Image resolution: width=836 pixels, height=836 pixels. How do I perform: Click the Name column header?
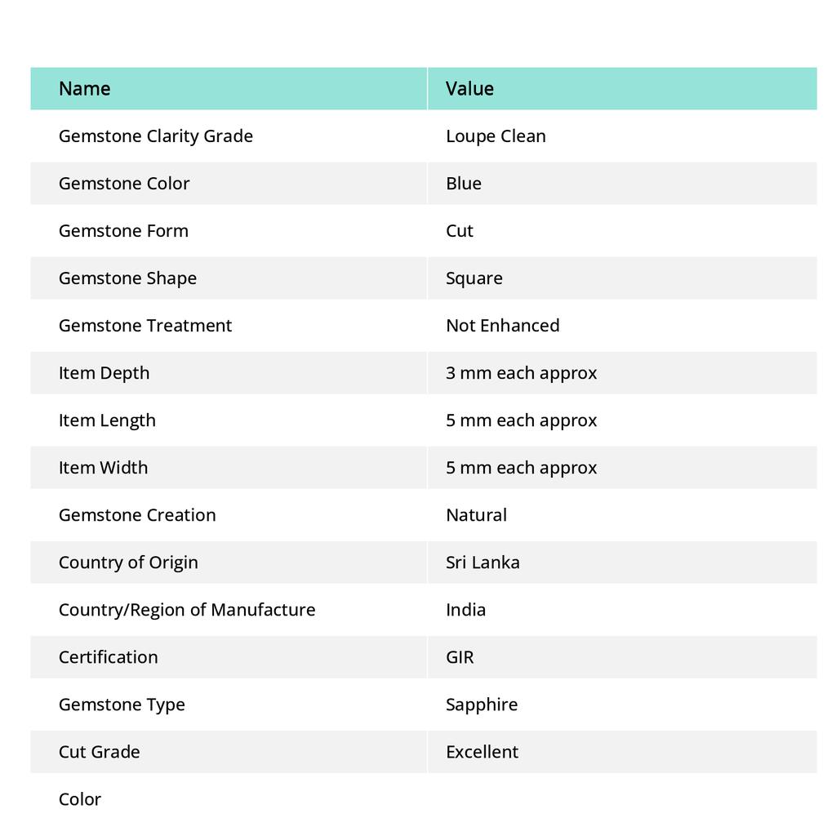pos(85,88)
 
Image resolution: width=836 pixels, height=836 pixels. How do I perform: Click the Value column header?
pos(469,88)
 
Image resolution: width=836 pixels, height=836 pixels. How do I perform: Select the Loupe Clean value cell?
pos(496,136)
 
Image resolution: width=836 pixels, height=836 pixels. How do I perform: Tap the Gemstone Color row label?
pos(124,183)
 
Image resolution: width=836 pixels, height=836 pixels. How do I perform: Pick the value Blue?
pos(464,183)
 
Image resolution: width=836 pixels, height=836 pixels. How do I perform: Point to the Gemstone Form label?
pos(123,230)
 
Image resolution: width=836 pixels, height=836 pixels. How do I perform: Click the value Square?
pos(474,278)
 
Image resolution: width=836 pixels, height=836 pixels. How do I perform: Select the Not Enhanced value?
pos(503,325)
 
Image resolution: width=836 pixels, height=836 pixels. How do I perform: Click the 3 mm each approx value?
pos(522,372)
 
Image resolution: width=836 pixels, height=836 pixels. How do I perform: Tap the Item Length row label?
pos(107,420)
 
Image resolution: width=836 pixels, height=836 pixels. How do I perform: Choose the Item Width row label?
pos(104,467)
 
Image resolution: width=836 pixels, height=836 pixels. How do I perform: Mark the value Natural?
pos(477,514)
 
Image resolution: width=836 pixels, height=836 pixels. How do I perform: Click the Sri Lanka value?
pos(482,562)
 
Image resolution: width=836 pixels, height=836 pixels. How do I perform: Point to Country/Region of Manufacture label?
pos(187,609)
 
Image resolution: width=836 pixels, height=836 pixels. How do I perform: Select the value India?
pos(466,609)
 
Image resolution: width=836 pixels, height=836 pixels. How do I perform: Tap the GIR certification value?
pos(460,656)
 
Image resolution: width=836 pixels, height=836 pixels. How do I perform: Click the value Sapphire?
pos(482,704)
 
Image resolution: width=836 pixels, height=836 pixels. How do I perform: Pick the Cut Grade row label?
pos(100,751)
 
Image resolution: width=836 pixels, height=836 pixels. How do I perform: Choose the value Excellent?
pos(482,751)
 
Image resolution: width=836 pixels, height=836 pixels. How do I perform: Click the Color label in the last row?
pos(80,798)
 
